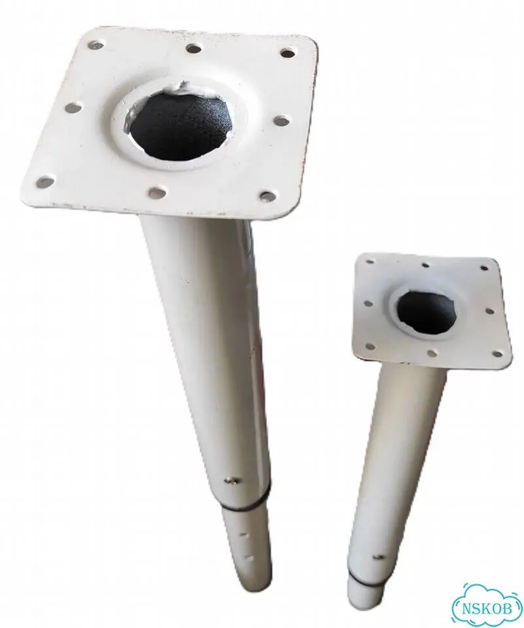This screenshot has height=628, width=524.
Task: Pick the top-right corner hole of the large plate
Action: (288, 52)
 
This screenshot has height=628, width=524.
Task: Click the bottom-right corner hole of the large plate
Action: (267, 195)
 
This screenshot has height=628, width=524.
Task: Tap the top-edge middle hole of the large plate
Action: (194, 48)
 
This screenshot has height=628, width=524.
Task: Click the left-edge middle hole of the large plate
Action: (73, 107)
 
